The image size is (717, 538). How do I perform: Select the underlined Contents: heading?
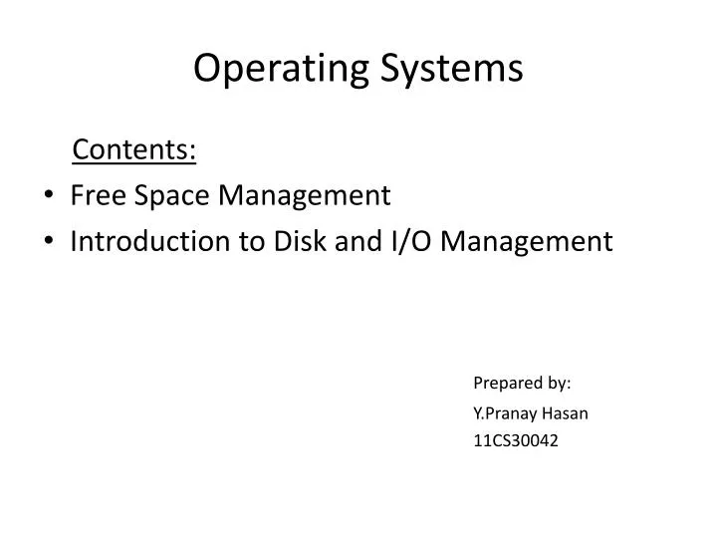coord(134,150)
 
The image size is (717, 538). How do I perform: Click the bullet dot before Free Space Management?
coord(51,196)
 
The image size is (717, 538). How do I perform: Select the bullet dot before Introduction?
coord(51,241)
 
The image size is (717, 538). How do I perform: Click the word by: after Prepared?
coord(558,383)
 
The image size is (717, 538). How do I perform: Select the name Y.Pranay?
coord(505,412)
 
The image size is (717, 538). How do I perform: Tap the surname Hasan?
coord(565,411)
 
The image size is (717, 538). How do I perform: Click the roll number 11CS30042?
coord(515,440)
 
